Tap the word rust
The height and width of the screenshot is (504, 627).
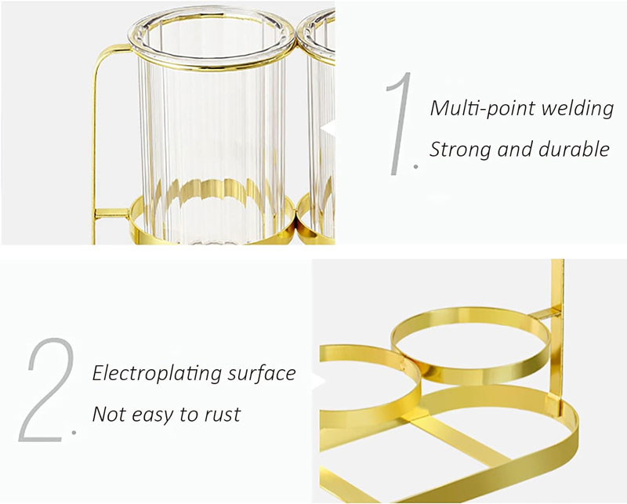[x=223, y=414]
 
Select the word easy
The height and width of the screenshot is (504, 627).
[x=158, y=415]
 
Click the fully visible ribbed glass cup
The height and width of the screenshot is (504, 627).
[x=216, y=118]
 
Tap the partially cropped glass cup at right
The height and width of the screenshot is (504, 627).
[x=321, y=118]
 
